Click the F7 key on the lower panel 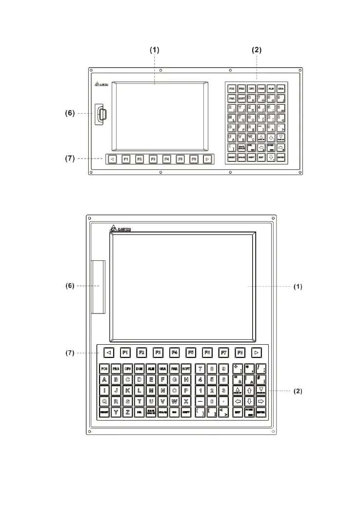(224, 352)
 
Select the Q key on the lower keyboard (104, 401)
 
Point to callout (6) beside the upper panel (70, 113)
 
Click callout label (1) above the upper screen (154, 50)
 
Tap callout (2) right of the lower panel (298, 391)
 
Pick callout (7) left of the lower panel (70, 353)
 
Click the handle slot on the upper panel (102, 115)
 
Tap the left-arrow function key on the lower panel (109, 352)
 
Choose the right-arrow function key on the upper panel (208, 159)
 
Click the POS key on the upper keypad (232, 89)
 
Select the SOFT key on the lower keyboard (186, 369)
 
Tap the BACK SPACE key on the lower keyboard (151, 412)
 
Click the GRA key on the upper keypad (280, 89)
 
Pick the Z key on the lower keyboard (127, 412)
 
